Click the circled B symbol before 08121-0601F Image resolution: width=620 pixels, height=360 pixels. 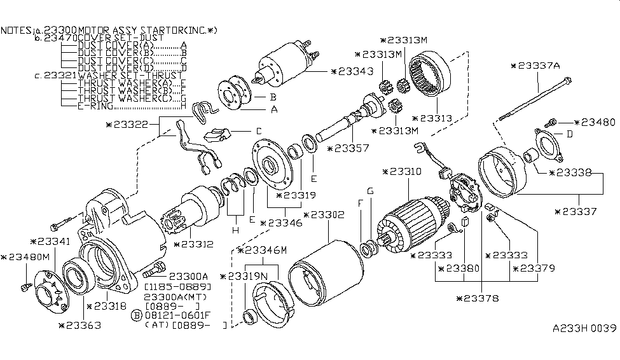tap(136, 315)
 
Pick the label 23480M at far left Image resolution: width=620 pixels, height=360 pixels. tap(25, 257)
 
